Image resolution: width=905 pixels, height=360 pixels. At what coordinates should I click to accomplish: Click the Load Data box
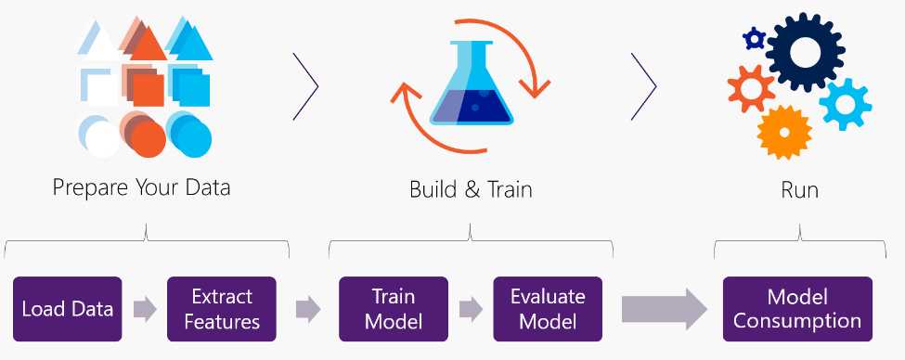(67, 308)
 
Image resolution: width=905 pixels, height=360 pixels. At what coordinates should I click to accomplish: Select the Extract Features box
(221, 308)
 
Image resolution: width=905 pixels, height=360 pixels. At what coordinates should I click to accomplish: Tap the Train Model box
(394, 308)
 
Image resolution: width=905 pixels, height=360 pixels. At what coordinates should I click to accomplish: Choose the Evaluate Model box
(548, 308)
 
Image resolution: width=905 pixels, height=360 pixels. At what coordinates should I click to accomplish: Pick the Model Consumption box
(797, 308)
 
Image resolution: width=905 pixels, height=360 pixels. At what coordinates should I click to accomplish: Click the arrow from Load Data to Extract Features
(145, 309)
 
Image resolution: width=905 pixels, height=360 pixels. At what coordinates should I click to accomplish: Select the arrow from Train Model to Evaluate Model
(471, 309)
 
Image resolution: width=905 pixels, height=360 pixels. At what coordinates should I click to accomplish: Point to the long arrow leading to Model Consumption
(664, 308)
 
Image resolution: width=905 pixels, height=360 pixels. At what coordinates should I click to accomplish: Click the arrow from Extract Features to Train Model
(307, 309)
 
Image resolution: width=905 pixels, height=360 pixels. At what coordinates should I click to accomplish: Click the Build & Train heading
(471, 190)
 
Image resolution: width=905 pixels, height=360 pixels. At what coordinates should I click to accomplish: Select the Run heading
(799, 190)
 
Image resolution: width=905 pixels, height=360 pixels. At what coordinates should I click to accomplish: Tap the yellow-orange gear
(784, 132)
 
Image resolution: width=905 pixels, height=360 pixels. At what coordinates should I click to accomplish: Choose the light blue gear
(845, 103)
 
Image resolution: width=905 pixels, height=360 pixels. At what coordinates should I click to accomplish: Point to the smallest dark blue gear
(754, 38)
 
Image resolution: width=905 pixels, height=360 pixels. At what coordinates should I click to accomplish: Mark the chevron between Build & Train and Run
(644, 85)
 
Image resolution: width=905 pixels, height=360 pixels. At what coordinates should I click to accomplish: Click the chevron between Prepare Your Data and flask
(306, 85)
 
